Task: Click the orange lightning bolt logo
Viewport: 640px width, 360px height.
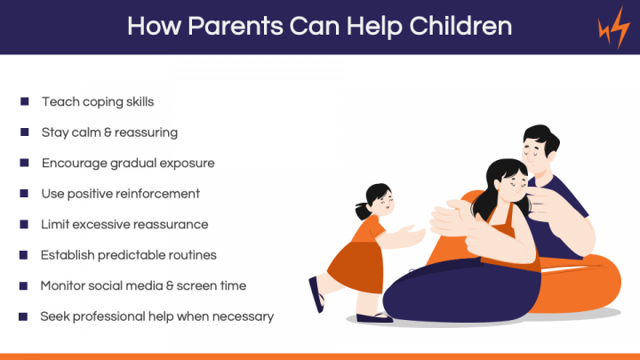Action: click(614, 28)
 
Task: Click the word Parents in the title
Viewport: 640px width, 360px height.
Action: click(235, 26)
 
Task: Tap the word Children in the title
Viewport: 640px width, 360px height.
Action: click(460, 26)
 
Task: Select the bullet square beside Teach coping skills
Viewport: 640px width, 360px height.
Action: click(25, 101)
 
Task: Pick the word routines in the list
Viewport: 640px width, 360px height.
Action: click(193, 255)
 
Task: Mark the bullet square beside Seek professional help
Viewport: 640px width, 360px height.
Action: click(23, 316)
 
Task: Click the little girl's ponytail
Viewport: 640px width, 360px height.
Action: click(362, 211)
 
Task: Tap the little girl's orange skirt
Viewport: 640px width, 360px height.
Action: click(356, 267)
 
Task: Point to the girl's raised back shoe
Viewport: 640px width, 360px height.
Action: click(316, 294)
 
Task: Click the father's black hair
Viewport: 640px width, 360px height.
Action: click(540, 139)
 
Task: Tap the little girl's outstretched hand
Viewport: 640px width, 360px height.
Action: click(412, 236)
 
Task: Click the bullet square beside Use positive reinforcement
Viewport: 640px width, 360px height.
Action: click(24, 193)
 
